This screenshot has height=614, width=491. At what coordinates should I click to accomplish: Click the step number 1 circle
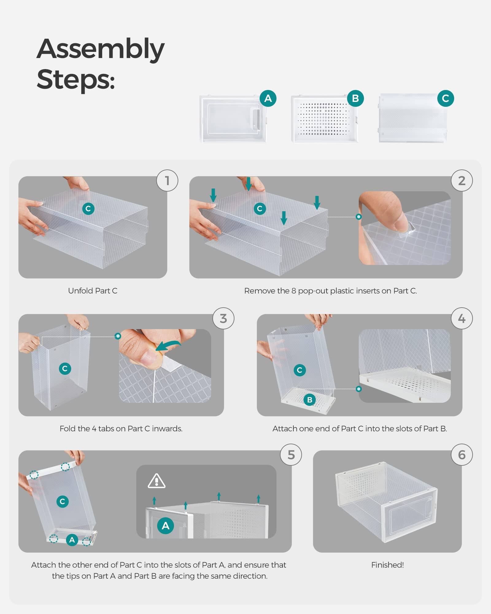point(167,181)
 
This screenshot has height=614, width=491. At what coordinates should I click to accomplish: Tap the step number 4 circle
point(462,318)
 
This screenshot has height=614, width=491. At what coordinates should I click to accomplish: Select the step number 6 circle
point(462,455)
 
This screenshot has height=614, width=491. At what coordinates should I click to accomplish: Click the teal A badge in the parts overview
point(268,98)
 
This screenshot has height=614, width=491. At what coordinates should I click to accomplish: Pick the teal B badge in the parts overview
point(355,98)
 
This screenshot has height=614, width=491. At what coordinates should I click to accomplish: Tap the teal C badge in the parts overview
point(445,98)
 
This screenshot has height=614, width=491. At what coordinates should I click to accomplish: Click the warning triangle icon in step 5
point(157,481)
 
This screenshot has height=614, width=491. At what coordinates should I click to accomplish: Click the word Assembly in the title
point(101,49)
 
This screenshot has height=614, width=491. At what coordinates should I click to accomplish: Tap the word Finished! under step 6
point(387,565)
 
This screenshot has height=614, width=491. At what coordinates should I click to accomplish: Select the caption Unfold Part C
point(93,291)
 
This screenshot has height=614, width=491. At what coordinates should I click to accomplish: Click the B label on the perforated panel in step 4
point(310,400)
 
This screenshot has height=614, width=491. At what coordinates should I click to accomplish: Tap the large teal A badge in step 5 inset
point(165,526)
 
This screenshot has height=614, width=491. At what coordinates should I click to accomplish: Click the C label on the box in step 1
point(88,209)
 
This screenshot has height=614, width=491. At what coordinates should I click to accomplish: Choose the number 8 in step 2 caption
point(294,291)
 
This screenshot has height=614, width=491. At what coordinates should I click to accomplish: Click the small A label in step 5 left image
point(72,540)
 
